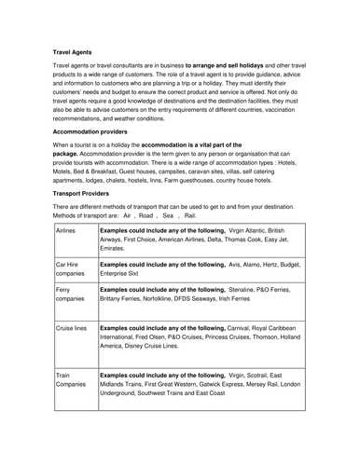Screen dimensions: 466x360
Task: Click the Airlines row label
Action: [x=66, y=228]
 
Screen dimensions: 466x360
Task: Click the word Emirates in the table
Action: [x=113, y=249]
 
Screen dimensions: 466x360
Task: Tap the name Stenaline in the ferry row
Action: [x=240, y=289]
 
